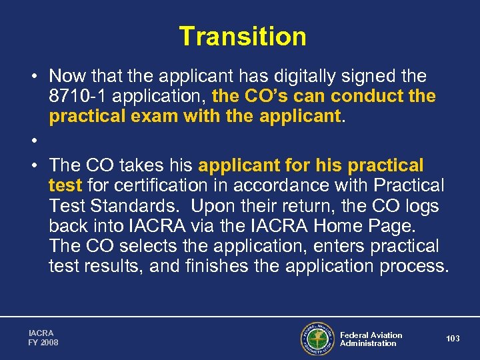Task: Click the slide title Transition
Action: click(x=242, y=36)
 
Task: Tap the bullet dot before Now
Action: click(x=32, y=77)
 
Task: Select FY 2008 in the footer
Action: click(x=43, y=343)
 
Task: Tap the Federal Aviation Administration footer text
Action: click(x=371, y=339)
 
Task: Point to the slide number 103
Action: click(x=453, y=339)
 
